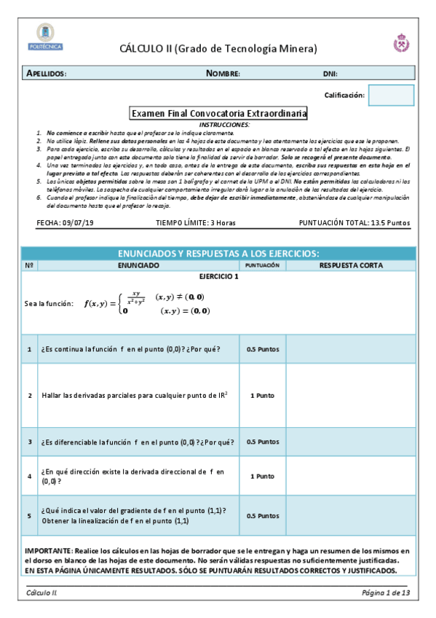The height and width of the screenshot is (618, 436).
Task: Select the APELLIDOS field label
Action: coord(47,74)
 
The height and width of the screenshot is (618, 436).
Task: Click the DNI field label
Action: coord(330,74)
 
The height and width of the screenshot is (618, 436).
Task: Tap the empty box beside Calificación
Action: coord(391,95)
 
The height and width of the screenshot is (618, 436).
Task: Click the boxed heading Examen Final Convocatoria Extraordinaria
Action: coord(218,114)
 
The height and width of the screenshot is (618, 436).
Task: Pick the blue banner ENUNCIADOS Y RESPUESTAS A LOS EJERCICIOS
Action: coord(218,253)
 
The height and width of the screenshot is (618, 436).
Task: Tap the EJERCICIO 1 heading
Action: coord(218,277)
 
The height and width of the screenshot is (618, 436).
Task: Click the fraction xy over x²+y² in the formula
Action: coord(135,297)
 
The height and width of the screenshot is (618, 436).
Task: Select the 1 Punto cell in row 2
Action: coord(262,395)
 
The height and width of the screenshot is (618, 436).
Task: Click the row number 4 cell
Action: coord(30,476)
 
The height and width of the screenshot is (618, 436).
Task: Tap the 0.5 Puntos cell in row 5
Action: coord(262,515)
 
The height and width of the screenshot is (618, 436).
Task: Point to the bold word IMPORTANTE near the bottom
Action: coord(47,552)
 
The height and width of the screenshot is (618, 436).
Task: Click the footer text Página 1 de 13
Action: coord(386,593)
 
